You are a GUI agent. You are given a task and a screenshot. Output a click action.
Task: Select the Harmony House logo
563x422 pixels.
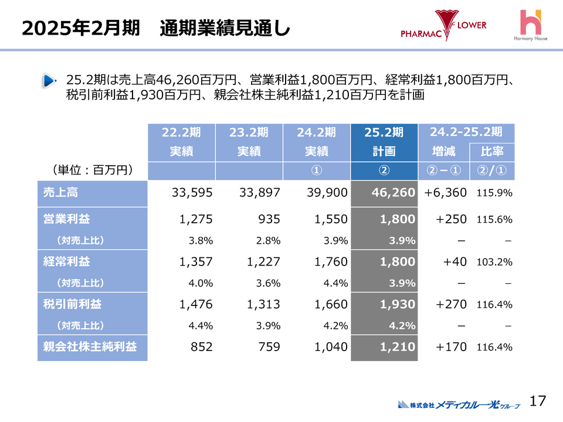point(533,26)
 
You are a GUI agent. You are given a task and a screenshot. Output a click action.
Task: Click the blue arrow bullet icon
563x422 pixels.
point(49,81)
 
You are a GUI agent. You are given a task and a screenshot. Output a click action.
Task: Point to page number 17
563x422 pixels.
point(537,401)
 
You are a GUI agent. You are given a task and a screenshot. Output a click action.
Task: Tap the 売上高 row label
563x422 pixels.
point(60,193)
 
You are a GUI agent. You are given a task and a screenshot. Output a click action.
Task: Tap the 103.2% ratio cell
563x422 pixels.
point(494,262)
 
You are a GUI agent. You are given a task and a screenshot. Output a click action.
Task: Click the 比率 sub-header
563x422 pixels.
point(492,152)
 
